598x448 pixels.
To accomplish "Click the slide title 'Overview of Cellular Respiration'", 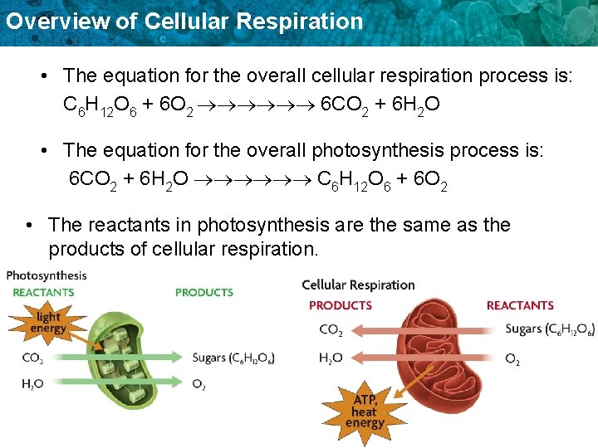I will click(x=183, y=21).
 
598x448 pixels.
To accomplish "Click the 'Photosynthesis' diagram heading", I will click(x=46, y=275).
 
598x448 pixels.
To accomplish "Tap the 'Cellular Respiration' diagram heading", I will click(x=358, y=285).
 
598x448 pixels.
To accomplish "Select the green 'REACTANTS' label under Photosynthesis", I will click(x=43, y=292).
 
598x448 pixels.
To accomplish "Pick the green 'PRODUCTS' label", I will click(x=203, y=292).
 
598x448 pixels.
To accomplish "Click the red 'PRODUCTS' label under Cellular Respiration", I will click(x=340, y=304).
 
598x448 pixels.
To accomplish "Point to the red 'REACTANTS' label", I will click(x=520, y=304).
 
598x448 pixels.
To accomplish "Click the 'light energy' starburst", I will click(x=49, y=322).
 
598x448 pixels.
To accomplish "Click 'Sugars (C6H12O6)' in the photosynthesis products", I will click(x=233, y=358).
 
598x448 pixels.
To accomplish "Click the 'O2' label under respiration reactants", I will click(x=512, y=358).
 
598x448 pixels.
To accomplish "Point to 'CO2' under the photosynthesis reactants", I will click(x=33, y=358).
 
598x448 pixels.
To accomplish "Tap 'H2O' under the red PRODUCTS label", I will click(x=331, y=358).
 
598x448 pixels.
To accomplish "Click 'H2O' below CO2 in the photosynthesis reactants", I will click(x=33, y=383).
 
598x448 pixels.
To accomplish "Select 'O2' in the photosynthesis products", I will click(x=199, y=383).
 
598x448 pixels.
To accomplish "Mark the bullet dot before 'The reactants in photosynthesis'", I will click(x=30, y=226).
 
